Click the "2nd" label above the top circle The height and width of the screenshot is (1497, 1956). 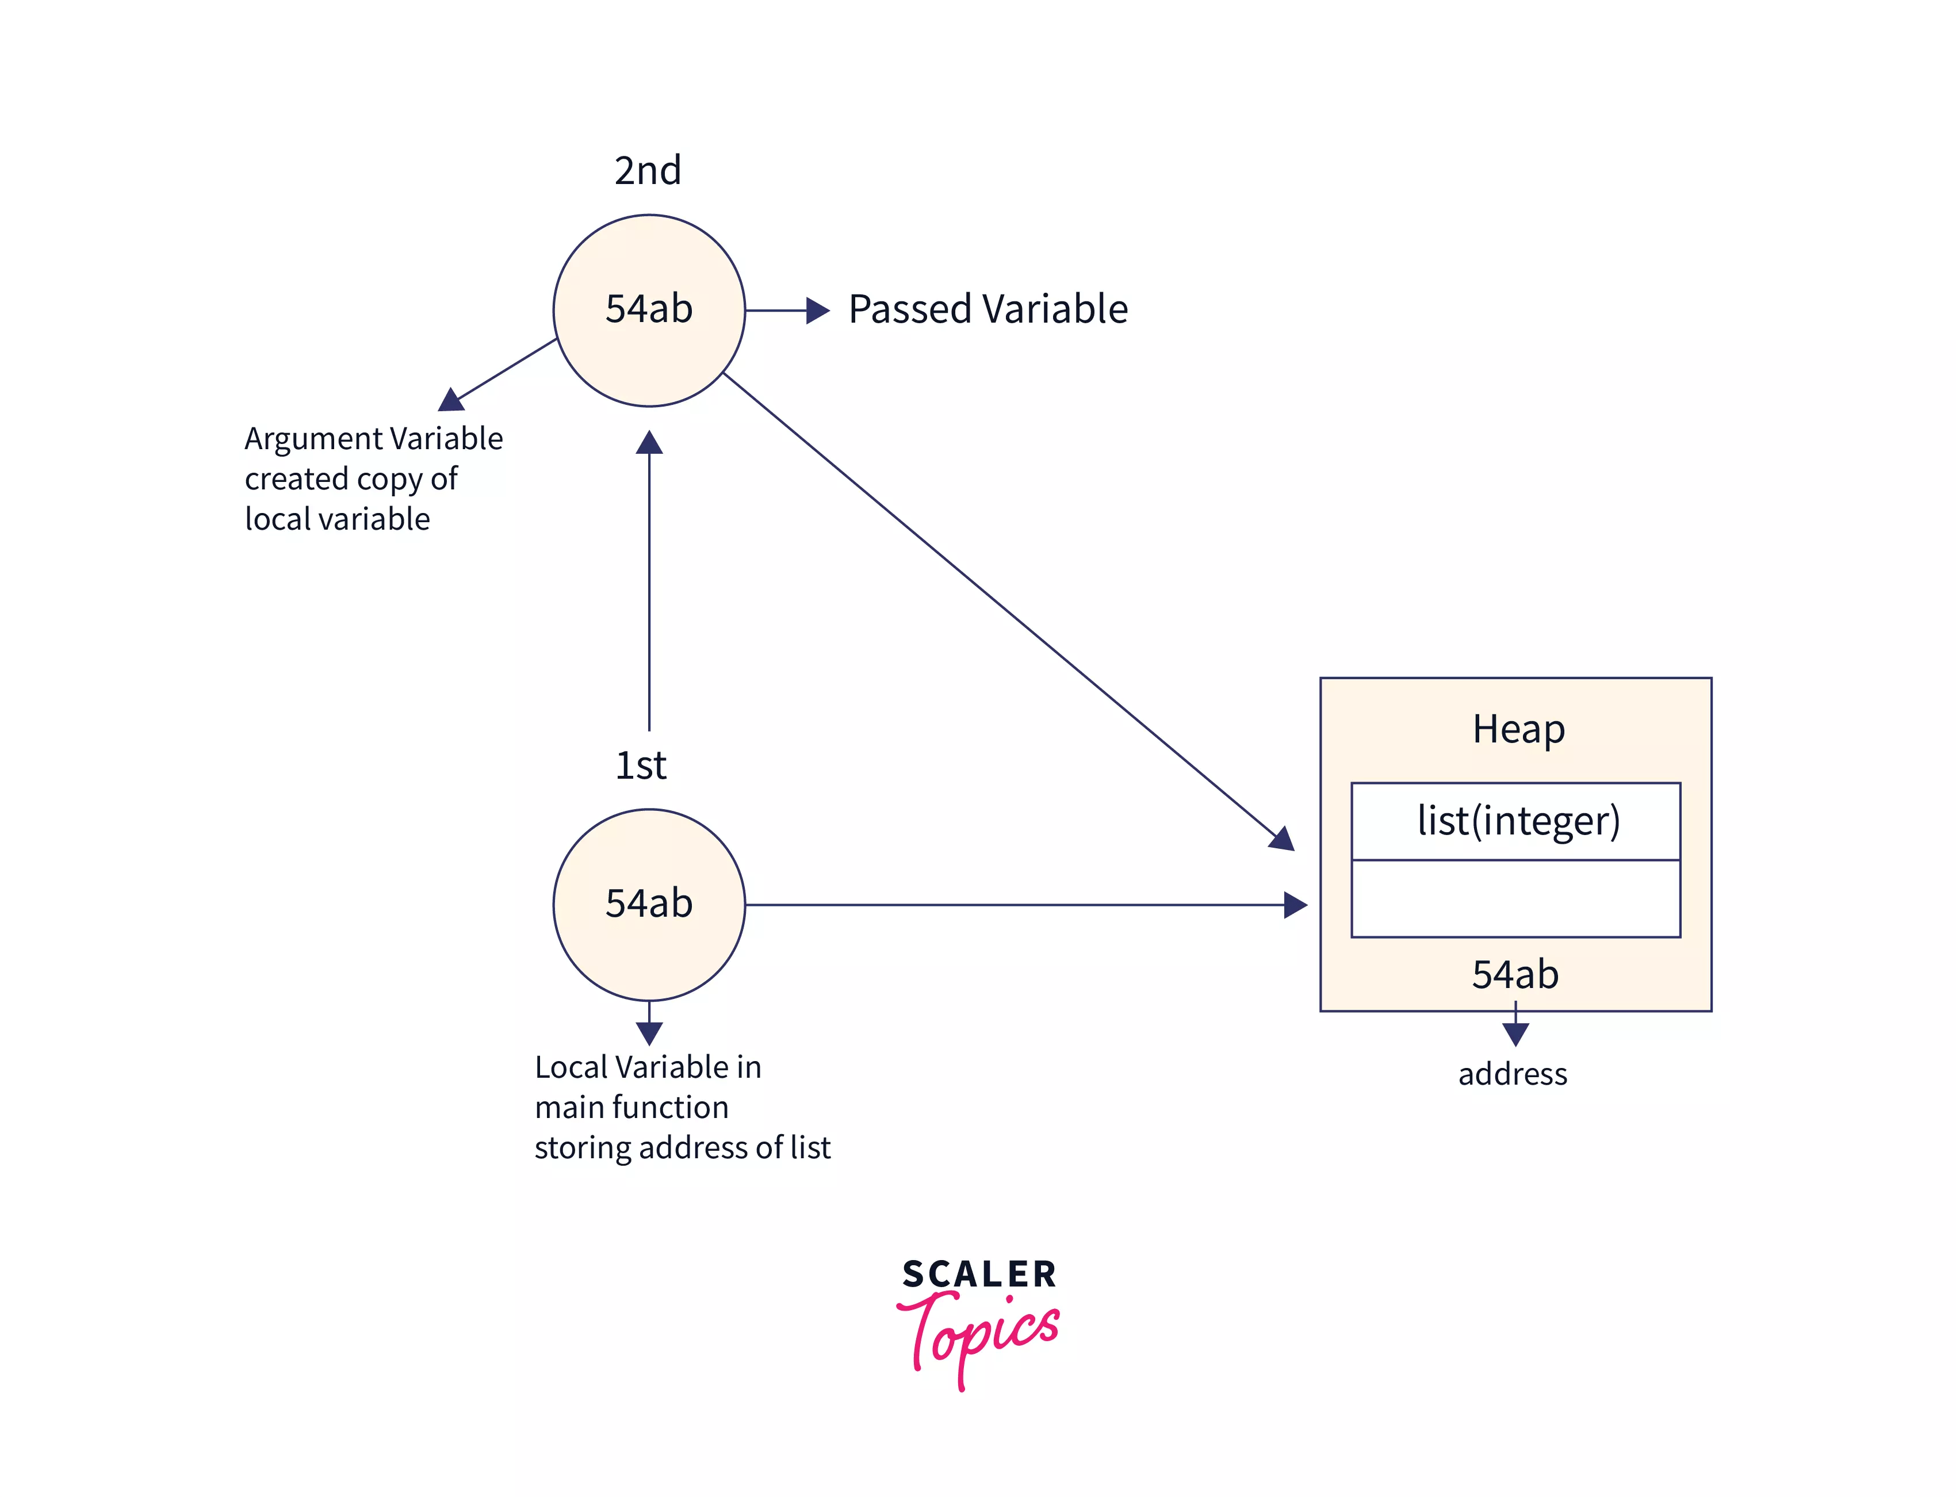647,170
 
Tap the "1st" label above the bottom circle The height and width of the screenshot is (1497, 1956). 641,764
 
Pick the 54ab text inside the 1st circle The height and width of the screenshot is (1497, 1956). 649,903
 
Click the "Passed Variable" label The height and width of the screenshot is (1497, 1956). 987,309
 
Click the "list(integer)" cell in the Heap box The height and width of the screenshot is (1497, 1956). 1518,821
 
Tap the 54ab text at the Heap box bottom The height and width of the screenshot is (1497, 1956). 1515,974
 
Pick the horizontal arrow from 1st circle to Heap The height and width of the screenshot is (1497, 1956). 1016,905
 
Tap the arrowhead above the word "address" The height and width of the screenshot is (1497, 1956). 1515,1033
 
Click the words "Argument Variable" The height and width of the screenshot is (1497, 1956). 373,438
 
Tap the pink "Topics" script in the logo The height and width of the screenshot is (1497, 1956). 980,1334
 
